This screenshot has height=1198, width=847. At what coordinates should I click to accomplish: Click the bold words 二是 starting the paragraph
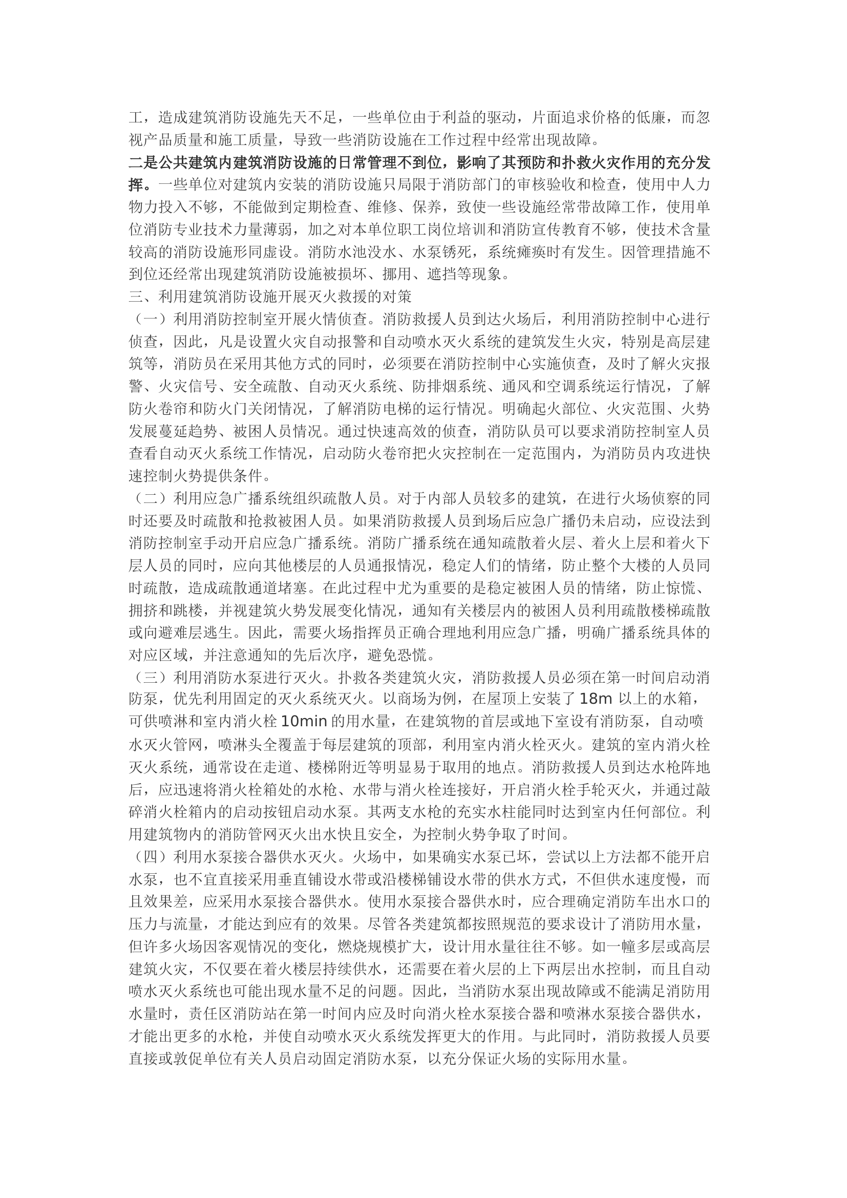point(143,163)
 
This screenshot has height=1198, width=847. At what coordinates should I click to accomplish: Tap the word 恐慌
point(412,655)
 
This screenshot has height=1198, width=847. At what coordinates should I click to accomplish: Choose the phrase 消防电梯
point(397,409)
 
